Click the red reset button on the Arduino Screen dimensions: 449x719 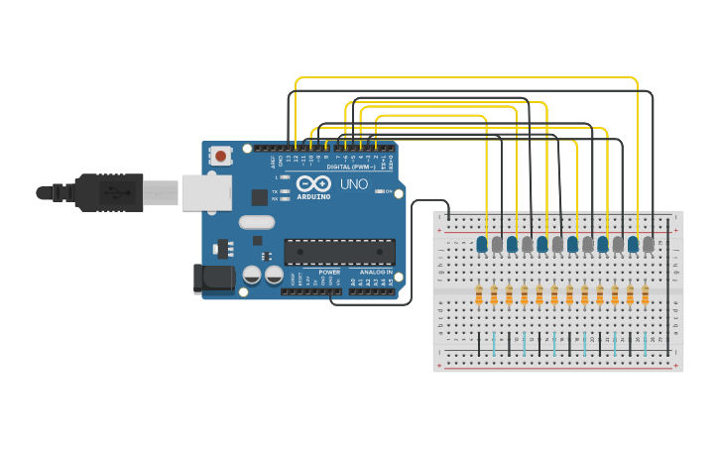(x=220, y=156)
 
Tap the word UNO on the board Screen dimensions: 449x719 (x=354, y=184)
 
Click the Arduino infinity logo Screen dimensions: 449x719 (x=313, y=184)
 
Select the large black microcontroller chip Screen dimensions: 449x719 (x=339, y=252)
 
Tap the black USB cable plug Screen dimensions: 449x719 (x=109, y=192)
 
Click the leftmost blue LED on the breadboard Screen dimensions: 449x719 (x=482, y=244)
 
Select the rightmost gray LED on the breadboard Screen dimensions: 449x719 (x=648, y=244)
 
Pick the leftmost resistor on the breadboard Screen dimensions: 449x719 (x=479, y=295)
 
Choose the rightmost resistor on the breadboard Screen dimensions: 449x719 (x=645, y=295)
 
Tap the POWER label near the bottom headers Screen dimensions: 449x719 (x=329, y=272)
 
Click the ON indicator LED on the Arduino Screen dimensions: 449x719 (x=378, y=191)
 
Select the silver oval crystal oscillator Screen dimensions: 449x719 (x=256, y=223)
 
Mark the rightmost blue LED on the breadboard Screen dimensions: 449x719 (x=633, y=244)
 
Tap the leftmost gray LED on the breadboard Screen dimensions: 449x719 (x=497, y=244)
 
